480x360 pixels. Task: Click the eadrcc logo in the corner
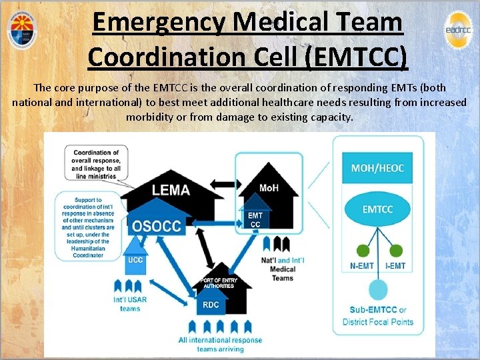(x=457, y=29)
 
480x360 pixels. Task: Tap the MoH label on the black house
(x=269, y=188)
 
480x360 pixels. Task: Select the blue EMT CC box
(x=255, y=220)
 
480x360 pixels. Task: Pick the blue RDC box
(x=210, y=305)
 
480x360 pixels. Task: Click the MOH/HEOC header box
(x=377, y=168)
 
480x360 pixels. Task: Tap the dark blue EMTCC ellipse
(x=377, y=209)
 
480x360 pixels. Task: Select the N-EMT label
(x=363, y=266)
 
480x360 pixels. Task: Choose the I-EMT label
(x=395, y=266)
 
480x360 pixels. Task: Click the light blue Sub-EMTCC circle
(x=378, y=291)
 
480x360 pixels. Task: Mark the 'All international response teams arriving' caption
(x=220, y=344)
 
